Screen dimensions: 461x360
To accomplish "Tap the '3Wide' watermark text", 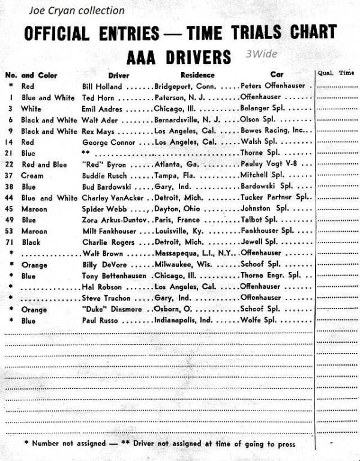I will click(261, 53).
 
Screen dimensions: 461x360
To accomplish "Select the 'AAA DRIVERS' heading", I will click(179, 56).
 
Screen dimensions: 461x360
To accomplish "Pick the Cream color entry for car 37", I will click(32, 175).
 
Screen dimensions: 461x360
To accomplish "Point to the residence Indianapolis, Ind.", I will click(182, 321).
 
